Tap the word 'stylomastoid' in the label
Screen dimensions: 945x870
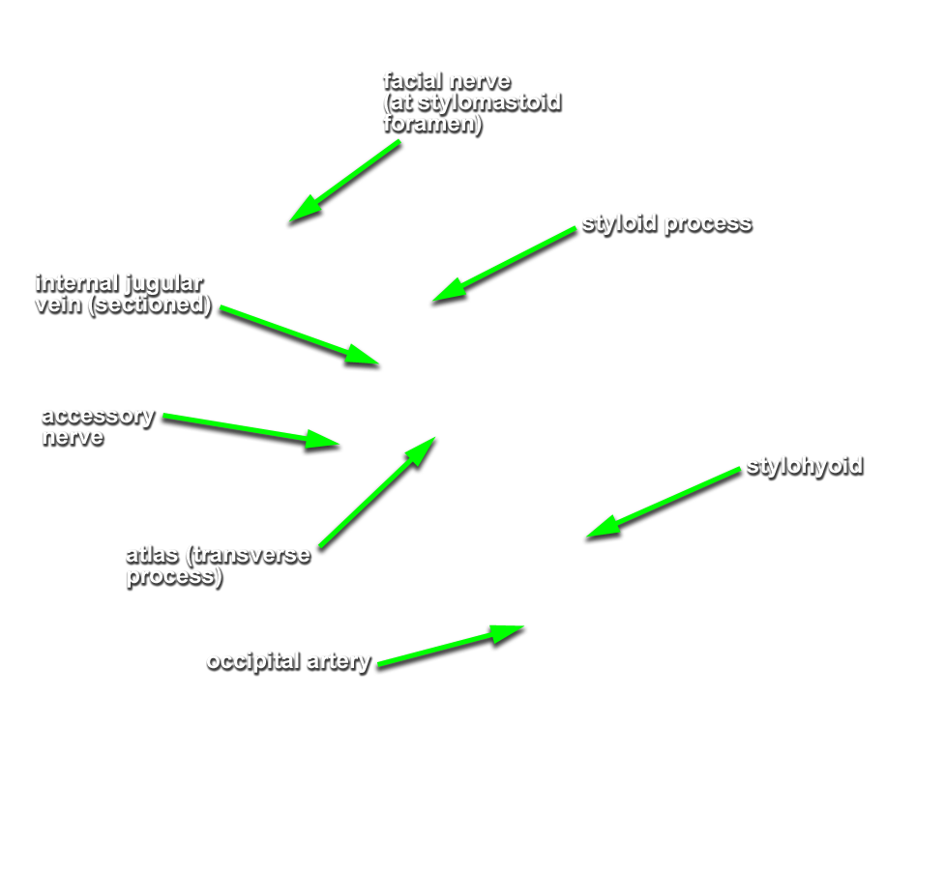click(489, 103)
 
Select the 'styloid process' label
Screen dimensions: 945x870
click(666, 224)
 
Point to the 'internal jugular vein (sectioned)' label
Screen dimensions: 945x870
click(124, 294)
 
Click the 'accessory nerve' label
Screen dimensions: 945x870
click(99, 426)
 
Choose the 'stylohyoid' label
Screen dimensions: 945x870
click(805, 466)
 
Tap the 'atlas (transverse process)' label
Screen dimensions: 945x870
click(219, 565)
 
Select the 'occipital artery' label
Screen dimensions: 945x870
click(288, 661)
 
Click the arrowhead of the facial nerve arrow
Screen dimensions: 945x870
click(288, 223)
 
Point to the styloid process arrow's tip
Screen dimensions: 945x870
click(432, 302)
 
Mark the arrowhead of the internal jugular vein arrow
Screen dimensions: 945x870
click(379, 364)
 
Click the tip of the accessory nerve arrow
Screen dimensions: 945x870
click(340, 446)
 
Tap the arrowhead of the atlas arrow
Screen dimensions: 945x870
click(435, 438)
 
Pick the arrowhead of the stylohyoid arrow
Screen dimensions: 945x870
click(586, 536)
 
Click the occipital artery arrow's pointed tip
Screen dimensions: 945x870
click(523, 627)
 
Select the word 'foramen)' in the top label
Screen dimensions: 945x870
click(432, 125)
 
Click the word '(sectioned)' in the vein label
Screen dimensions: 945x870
click(150, 304)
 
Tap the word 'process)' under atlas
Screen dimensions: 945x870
click(174, 577)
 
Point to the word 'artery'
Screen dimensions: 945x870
click(339, 662)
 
